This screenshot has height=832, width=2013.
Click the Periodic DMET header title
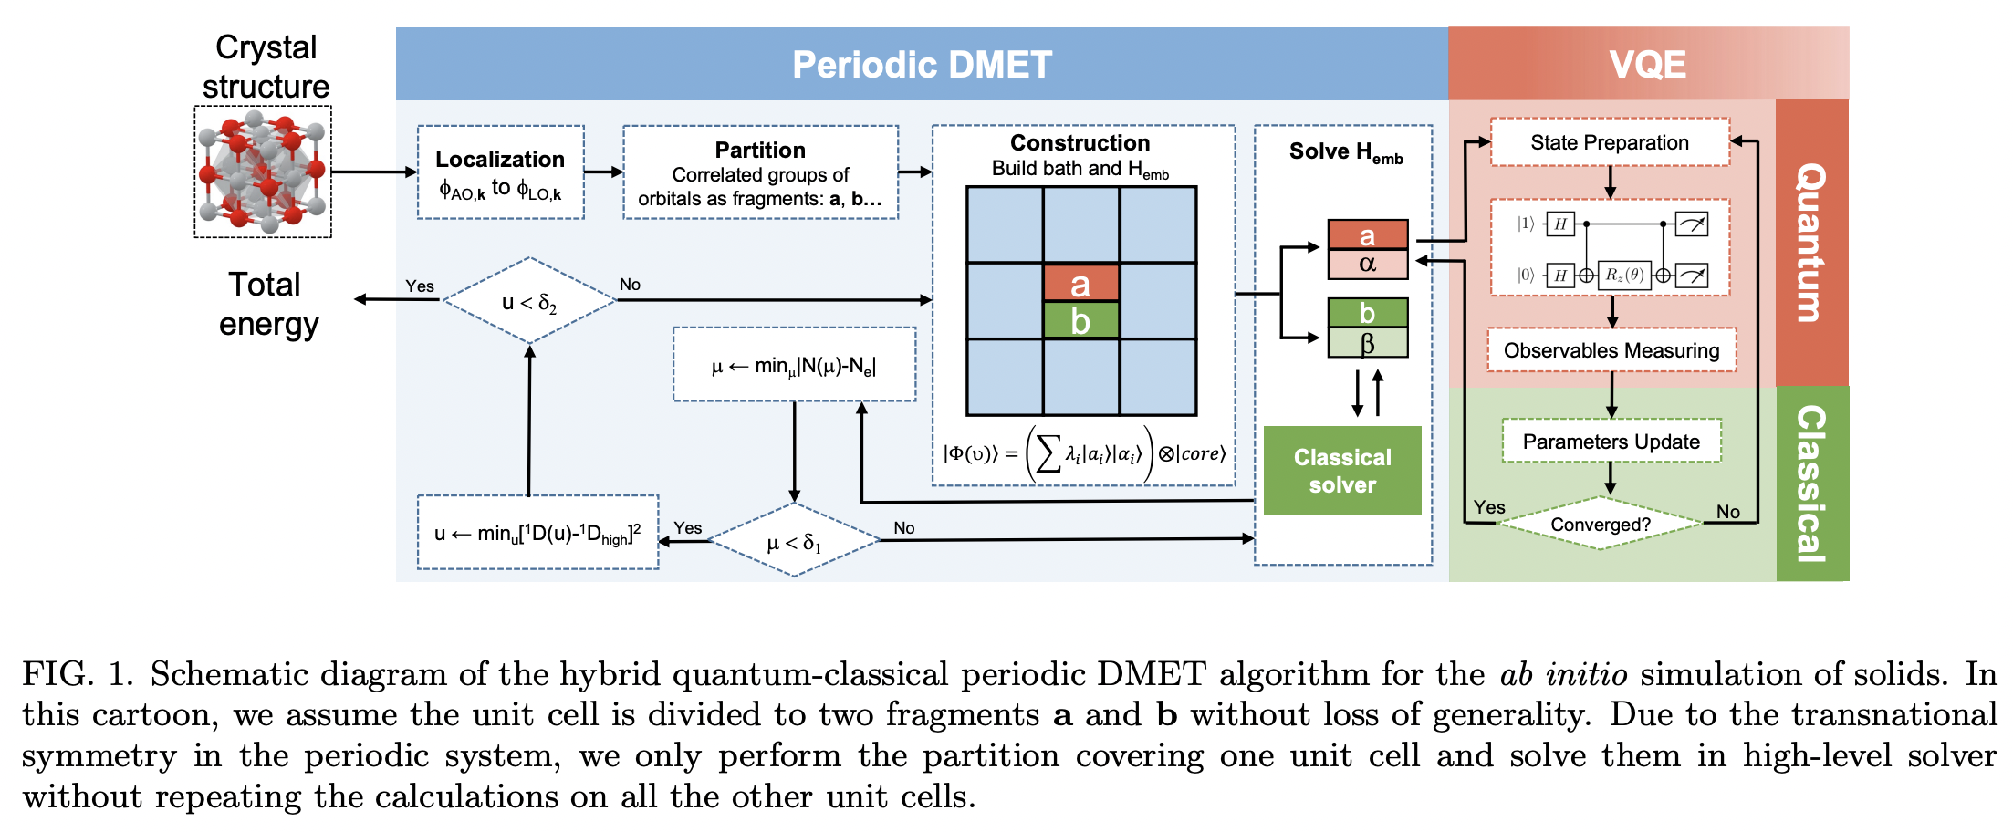(x=922, y=65)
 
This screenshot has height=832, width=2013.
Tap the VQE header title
(x=1647, y=65)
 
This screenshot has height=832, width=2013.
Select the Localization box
(x=500, y=172)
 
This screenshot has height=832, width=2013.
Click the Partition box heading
(x=760, y=150)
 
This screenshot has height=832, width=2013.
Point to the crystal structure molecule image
(x=263, y=172)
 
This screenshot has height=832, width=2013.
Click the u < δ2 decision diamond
(x=529, y=301)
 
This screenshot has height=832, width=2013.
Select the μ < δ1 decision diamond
(x=794, y=542)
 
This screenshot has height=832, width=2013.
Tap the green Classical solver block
(x=1342, y=471)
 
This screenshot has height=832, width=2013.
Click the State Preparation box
(x=1610, y=142)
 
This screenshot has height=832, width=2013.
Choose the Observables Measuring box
(x=1611, y=350)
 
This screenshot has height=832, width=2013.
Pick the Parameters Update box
(x=1611, y=442)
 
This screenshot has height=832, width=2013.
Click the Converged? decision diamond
(x=1601, y=525)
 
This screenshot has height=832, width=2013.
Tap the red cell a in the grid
(x=1080, y=284)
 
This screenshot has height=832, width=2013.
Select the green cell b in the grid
(x=1080, y=321)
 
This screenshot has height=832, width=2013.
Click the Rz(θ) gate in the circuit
(x=1624, y=275)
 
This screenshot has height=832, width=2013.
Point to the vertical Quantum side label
(x=1811, y=243)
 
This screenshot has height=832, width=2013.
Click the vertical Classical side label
(x=1811, y=484)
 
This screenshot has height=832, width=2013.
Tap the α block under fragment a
(x=1367, y=265)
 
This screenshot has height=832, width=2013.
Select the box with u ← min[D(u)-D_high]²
(x=537, y=533)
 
